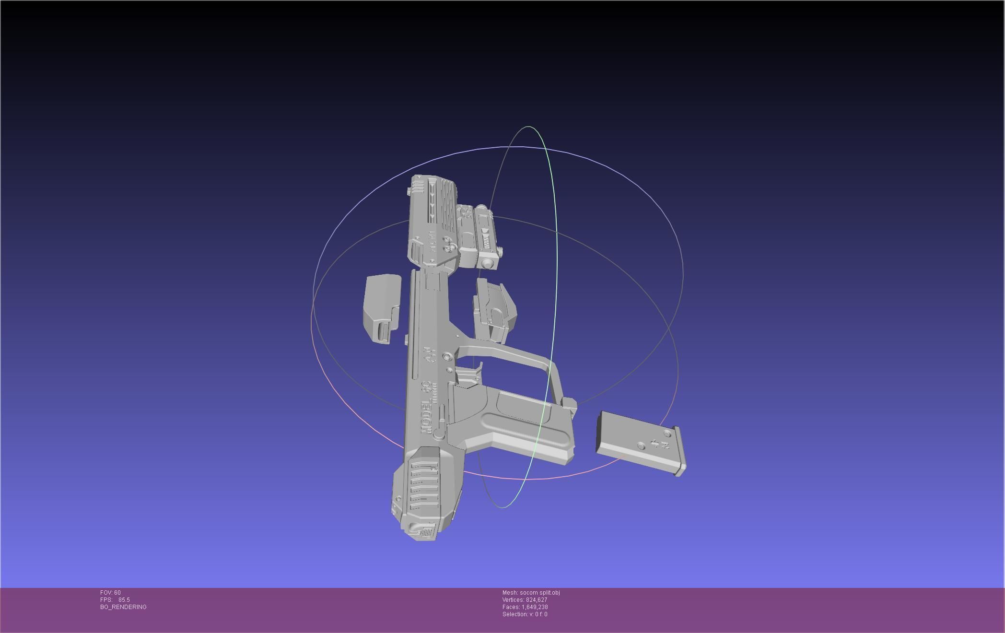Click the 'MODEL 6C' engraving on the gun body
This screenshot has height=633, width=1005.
point(425,408)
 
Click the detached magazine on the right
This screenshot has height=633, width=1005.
point(640,443)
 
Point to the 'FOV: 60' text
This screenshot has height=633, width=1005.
point(110,593)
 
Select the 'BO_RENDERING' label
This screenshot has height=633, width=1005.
point(123,607)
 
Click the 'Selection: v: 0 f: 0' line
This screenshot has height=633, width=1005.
point(525,614)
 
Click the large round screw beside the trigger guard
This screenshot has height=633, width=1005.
point(447,357)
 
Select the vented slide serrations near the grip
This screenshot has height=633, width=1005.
point(424,484)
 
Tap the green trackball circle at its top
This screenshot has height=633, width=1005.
point(528,127)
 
